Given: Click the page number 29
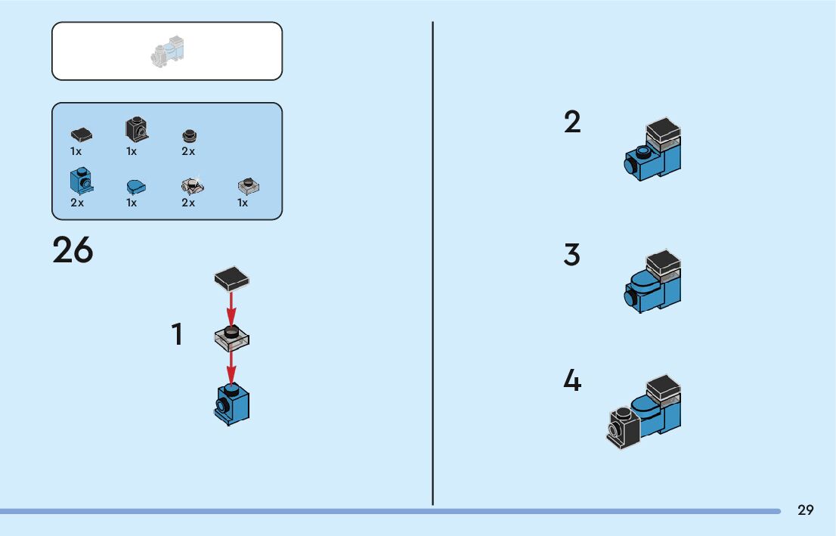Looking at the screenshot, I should pos(805,510).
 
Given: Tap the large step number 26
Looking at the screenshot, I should pos(73,250).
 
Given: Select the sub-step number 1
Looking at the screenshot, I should pos(178,334).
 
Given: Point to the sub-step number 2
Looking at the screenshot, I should pos(572,122).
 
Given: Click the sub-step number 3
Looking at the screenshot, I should pos(572,255).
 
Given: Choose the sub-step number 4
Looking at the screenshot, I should pos(572,380).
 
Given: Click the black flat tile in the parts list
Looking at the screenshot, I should pos(82,135).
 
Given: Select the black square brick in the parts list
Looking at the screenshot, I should pos(136,129).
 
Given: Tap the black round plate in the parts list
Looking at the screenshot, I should pos(189,136).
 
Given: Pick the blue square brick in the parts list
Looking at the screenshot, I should pos(80,181).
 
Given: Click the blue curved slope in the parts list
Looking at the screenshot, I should pos(136,187).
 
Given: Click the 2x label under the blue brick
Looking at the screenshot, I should pos(77,203).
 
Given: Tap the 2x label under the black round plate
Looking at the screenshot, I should pos(188,151).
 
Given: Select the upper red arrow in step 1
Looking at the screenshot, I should pos(232,307).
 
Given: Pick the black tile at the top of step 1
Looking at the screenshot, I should pos(232,279).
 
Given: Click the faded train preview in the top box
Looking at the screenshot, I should pos(169,51).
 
